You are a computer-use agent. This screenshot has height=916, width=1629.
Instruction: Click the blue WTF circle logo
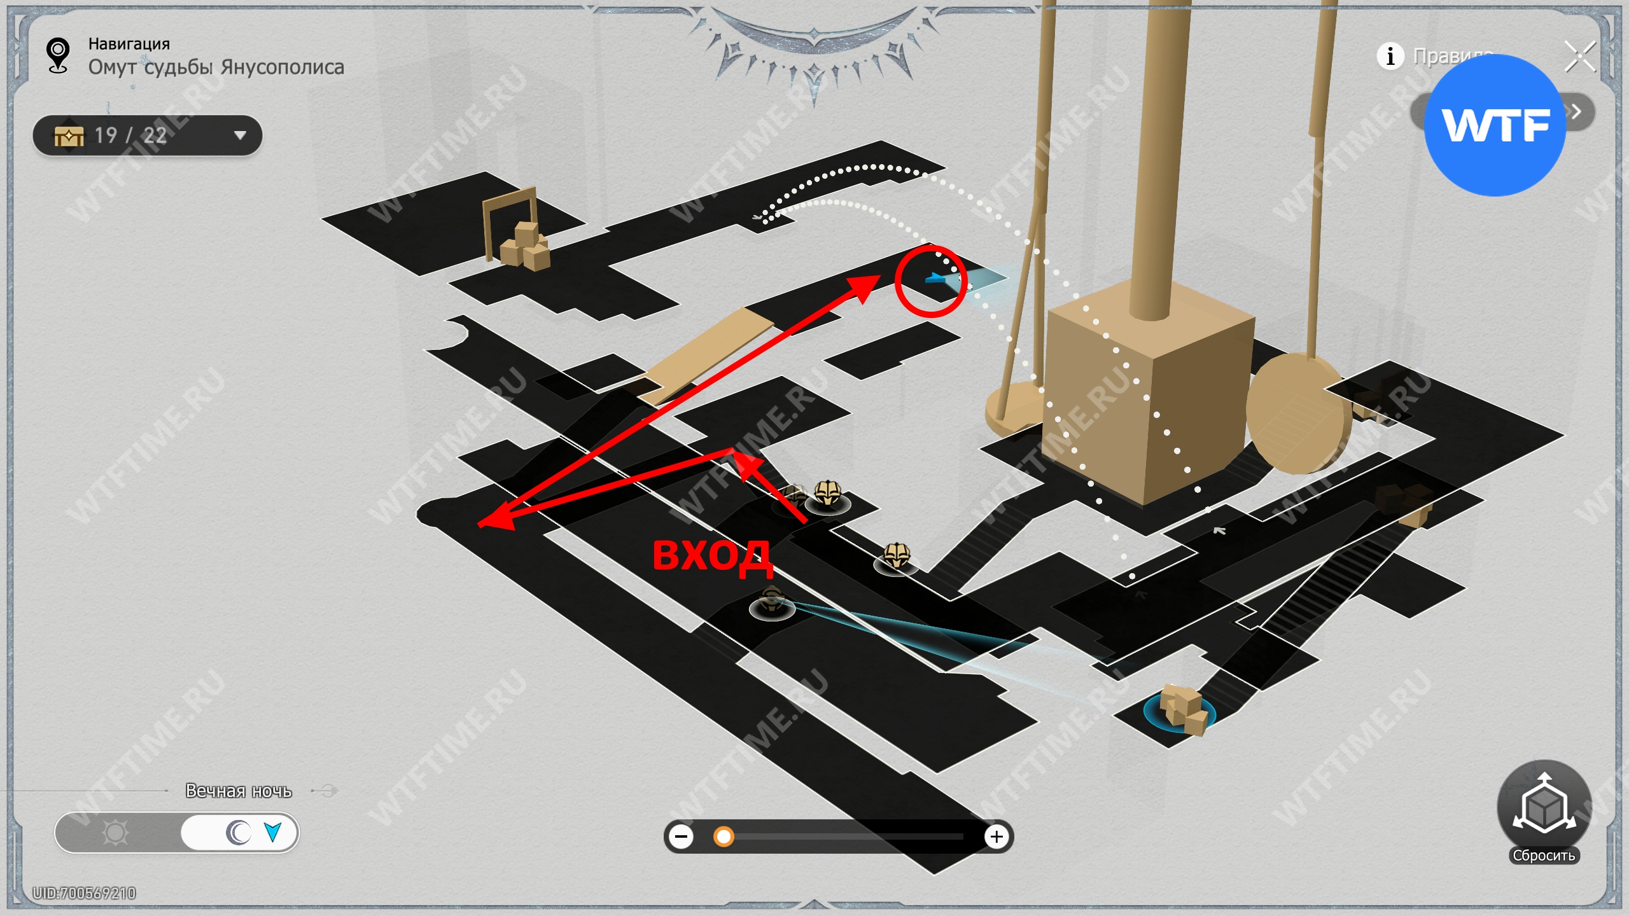click(1494, 125)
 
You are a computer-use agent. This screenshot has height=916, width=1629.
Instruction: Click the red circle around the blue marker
click(931, 281)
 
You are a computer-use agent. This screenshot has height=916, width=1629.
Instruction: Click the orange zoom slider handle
click(723, 836)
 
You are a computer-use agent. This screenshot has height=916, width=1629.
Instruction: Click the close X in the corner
click(1580, 57)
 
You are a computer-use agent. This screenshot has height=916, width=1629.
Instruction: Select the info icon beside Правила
click(1390, 56)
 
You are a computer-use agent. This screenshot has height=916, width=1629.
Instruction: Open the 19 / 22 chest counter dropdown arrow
click(240, 135)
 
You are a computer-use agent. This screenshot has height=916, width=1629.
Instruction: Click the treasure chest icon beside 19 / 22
click(69, 135)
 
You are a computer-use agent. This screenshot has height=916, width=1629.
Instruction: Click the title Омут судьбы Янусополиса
click(216, 67)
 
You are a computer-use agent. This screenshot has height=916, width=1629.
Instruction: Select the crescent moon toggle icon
click(239, 833)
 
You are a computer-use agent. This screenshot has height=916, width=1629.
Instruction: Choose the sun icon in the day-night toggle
click(115, 833)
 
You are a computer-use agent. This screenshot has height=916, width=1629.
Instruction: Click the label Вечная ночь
click(239, 791)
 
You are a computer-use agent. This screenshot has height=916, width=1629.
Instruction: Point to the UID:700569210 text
click(85, 893)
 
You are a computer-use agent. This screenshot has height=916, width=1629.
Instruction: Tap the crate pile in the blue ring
click(1182, 709)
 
